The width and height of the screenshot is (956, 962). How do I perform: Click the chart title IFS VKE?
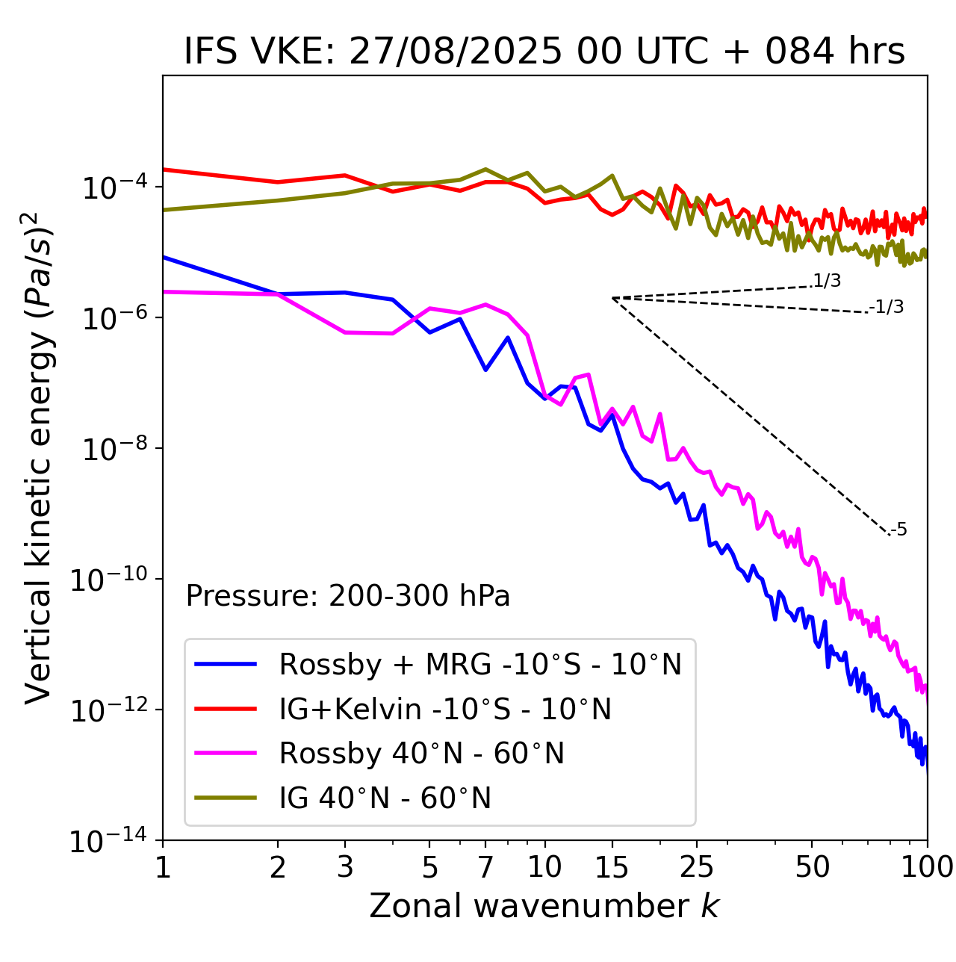[544, 52]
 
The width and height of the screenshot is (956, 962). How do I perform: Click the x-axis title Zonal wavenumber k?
[544, 906]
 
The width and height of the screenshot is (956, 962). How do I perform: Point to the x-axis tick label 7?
[485, 867]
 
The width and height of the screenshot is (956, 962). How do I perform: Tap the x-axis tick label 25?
[696, 867]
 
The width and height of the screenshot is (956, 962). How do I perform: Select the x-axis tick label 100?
[927, 867]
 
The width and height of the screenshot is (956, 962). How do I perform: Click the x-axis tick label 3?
[345, 867]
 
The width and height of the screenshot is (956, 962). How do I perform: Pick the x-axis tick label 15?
[612, 867]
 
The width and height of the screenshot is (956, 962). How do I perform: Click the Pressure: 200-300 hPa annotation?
[347, 596]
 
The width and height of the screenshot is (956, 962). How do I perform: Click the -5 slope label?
[898, 530]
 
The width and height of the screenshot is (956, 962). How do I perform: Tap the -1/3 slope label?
[887, 307]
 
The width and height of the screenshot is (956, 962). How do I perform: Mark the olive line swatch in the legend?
[226, 798]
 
